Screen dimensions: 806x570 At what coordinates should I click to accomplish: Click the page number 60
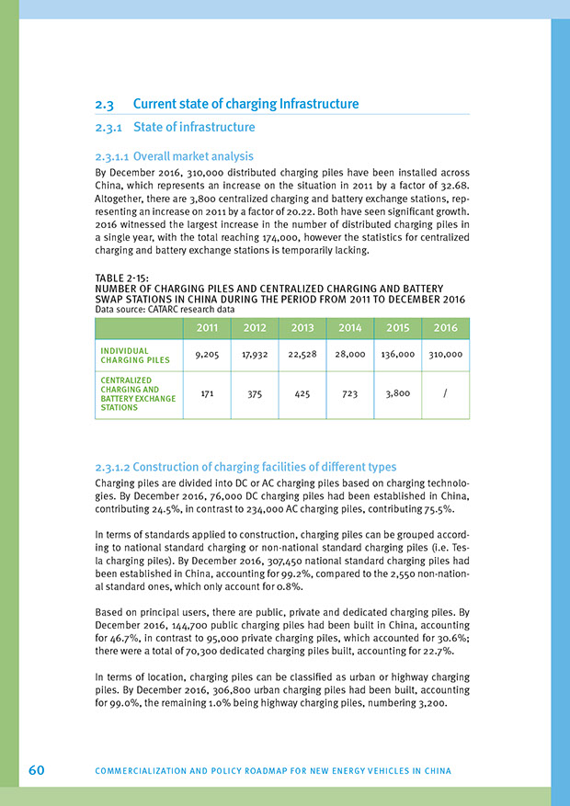[37, 769]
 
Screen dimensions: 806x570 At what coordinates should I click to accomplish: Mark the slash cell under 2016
[444, 392]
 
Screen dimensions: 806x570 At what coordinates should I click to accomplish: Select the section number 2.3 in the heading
[104, 104]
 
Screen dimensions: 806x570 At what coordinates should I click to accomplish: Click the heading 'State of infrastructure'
[194, 127]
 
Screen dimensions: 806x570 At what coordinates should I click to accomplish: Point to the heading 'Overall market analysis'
[193, 156]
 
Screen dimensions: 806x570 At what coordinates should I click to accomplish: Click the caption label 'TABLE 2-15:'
[123, 278]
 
